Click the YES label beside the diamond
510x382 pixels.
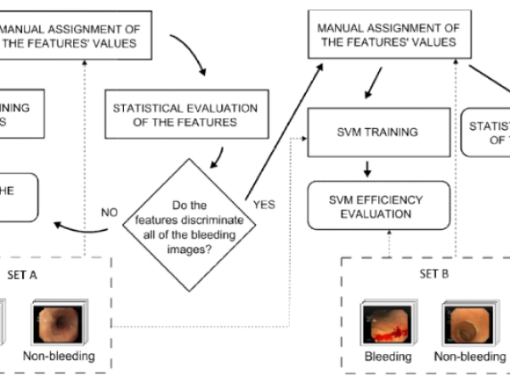pyautogui.click(x=263, y=205)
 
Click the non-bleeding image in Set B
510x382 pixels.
pyautogui.click(x=463, y=320)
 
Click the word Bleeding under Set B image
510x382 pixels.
pyautogui.click(x=388, y=357)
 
